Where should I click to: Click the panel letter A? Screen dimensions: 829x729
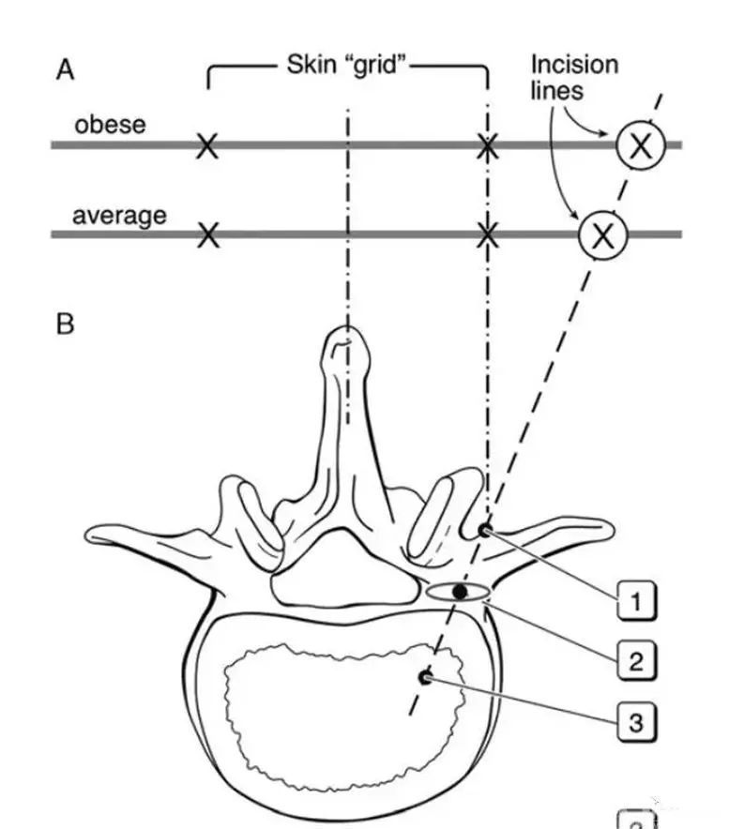66,71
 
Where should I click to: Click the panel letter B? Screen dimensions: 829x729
66,324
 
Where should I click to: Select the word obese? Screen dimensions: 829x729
110,124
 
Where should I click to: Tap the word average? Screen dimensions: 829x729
119,215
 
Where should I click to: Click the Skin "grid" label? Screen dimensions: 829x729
348,67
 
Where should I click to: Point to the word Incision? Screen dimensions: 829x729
574,66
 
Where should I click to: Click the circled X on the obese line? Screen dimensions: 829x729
640,145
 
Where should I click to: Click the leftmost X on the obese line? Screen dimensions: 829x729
207,145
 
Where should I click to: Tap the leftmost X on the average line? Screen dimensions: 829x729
207,234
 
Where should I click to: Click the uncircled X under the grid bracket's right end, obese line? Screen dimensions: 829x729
487,145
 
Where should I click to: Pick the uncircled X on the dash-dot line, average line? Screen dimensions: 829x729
487,234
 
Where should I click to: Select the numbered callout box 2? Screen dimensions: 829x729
636,661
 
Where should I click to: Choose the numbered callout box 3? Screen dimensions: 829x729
636,721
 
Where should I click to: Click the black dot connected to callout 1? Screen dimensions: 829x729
484,531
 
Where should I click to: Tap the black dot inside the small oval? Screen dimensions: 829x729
459,592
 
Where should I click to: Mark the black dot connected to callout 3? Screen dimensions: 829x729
426,677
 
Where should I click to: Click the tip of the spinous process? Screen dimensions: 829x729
346,334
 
